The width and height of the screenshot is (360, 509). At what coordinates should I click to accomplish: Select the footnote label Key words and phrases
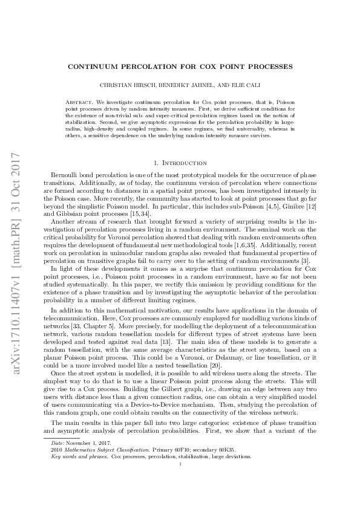coord(79,490)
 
